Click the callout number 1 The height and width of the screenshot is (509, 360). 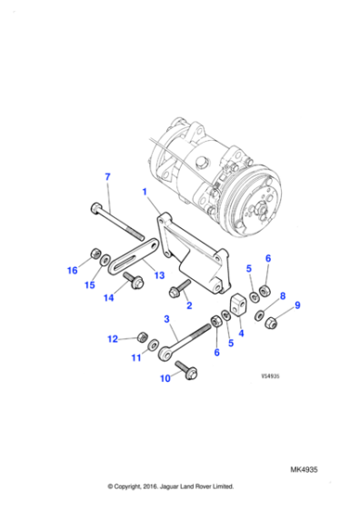click(x=143, y=192)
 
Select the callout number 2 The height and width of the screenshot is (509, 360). click(x=188, y=305)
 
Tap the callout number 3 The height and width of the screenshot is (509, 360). click(x=166, y=320)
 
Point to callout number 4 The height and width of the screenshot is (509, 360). click(x=241, y=333)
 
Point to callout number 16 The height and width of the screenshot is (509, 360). click(x=73, y=270)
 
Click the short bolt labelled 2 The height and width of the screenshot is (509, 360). click(x=177, y=289)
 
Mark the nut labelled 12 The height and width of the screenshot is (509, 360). click(x=142, y=338)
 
